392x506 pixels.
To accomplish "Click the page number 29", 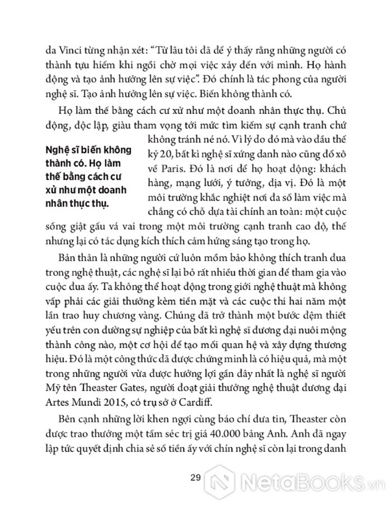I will [x=195, y=477].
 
